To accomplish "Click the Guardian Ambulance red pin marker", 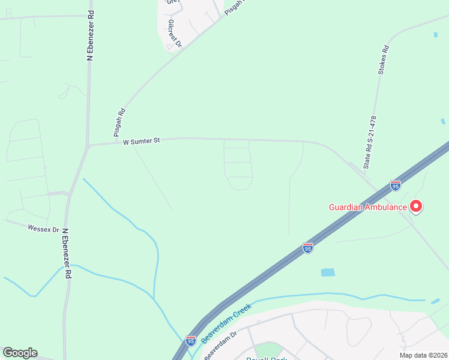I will (416, 207).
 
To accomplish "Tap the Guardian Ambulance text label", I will (368, 208).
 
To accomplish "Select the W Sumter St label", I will (142, 142).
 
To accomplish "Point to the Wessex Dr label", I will (43, 229).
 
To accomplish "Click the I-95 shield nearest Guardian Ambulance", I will (395, 185).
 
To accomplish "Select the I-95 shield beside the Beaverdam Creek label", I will (191, 341).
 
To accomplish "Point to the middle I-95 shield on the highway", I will (307, 248).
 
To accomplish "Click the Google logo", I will (20, 353).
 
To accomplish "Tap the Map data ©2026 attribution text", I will (423, 355).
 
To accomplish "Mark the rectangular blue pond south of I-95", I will (328, 272).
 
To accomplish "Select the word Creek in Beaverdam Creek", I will (241, 313).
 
